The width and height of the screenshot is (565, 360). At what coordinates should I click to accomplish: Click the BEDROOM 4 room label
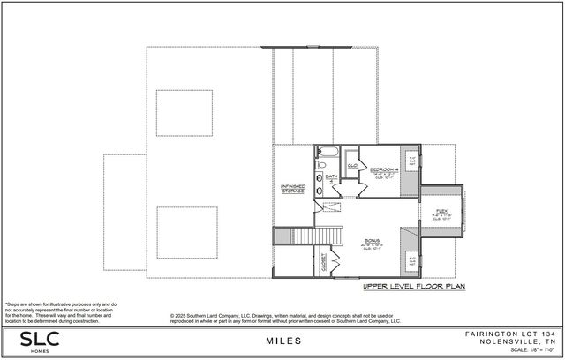(x=383, y=169)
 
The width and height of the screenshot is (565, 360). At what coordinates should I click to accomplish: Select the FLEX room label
(x=441, y=211)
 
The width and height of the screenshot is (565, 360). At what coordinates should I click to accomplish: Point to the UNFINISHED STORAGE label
(x=293, y=188)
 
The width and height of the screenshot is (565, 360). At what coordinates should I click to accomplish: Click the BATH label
(x=332, y=177)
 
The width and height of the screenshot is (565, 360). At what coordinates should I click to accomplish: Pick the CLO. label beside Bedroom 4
(x=351, y=164)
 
